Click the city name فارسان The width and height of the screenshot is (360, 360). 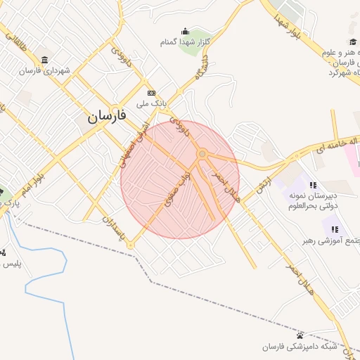(107, 117)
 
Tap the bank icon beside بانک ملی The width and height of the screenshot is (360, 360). (151, 93)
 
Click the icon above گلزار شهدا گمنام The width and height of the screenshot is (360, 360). (185, 31)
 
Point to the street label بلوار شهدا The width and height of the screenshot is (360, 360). (288, 25)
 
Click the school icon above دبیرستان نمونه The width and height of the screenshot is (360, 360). (313, 185)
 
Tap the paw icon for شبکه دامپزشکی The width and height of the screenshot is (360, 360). (300, 335)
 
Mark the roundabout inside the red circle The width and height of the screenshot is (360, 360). (202, 153)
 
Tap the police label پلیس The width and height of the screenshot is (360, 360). (11, 264)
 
